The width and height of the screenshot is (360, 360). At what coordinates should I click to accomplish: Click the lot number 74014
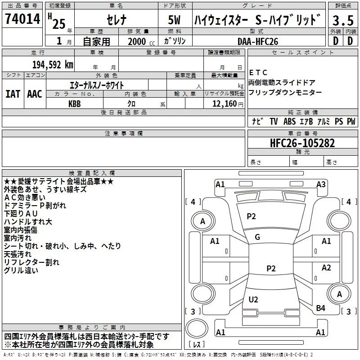tap(23, 20)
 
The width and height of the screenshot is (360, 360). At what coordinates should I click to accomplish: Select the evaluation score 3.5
tap(342, 21)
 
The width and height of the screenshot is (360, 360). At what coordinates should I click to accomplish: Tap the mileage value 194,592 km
tap(53, 64)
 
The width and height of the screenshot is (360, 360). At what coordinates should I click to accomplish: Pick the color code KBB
tap(75, 103)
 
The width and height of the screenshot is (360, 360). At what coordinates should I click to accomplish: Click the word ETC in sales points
tap(258, 72)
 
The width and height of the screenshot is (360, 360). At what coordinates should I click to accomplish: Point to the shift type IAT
tap(13, 94)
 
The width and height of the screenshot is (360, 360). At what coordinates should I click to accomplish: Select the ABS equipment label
tap(290, 121)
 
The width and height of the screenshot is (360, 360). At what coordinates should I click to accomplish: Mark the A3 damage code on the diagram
tap(321, 184)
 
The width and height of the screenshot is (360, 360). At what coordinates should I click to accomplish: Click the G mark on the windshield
tap(257, 237)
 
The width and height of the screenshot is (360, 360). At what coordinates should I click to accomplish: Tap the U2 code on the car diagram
tap(253, 299)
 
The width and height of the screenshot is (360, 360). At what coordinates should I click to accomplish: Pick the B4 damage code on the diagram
tap(320, 308)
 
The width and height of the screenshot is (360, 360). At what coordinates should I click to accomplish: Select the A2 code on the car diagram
tap(326, 268)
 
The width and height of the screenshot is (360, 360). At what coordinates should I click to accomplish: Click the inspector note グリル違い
tap(21, 271)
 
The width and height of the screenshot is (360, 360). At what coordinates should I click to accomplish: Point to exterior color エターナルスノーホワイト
tap(96, 85)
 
